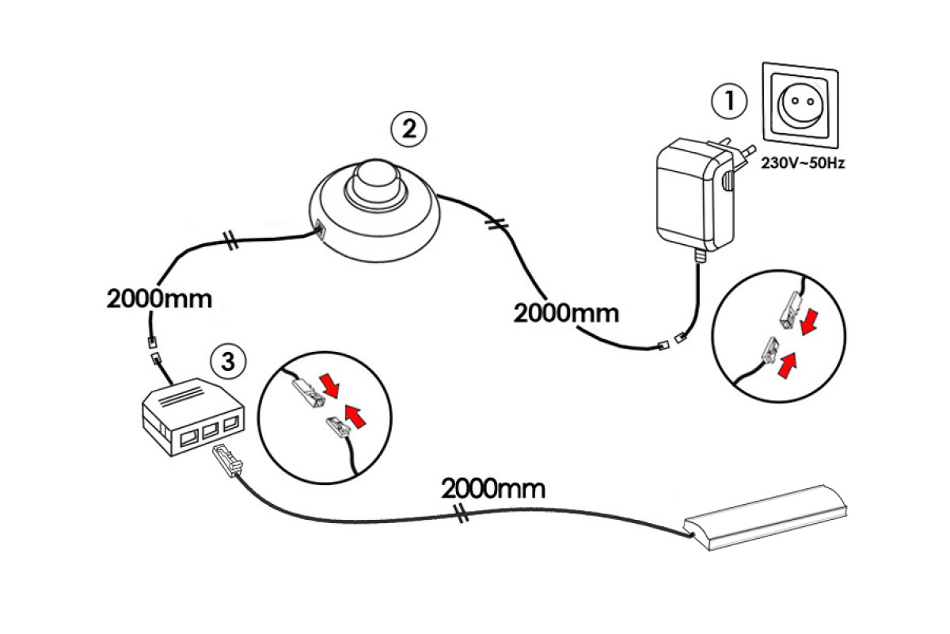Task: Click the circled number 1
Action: (728, 101)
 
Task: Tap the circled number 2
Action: (408, 128)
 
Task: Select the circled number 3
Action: (228, 361)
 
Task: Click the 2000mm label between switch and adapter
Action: (566, 312)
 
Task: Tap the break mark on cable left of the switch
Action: (231, 242)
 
